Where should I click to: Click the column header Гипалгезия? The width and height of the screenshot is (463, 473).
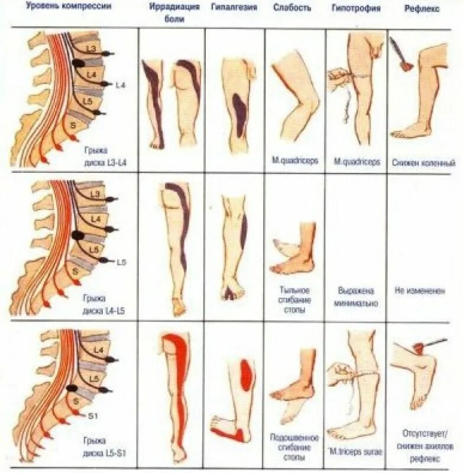click(x=232, y=8)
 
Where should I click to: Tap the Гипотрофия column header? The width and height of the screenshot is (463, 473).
click(x=357, y=8)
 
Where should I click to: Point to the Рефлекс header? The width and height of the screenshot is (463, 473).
click(x=422, y=8)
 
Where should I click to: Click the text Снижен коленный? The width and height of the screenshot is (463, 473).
click(x=423, y=161)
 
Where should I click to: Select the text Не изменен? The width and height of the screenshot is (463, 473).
click(x=422, y=291)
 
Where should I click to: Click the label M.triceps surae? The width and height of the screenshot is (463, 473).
click(x=357, y=452)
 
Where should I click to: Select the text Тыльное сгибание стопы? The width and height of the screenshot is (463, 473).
click(x=294, y=300)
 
